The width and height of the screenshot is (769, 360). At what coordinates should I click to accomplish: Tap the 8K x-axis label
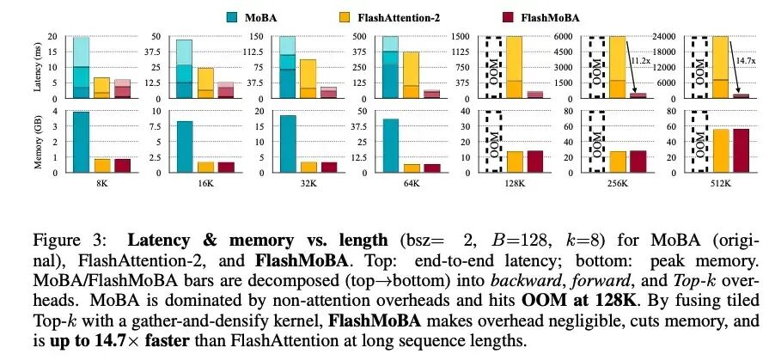tap(81, 183)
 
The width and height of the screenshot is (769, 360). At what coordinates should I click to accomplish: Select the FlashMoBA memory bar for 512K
tap(742, 150)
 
